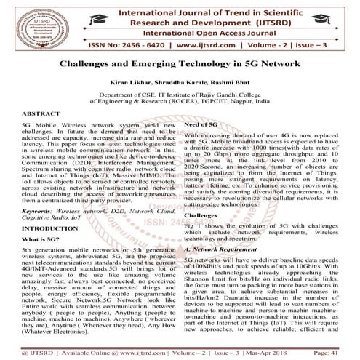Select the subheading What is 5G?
[x=35, y=269]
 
